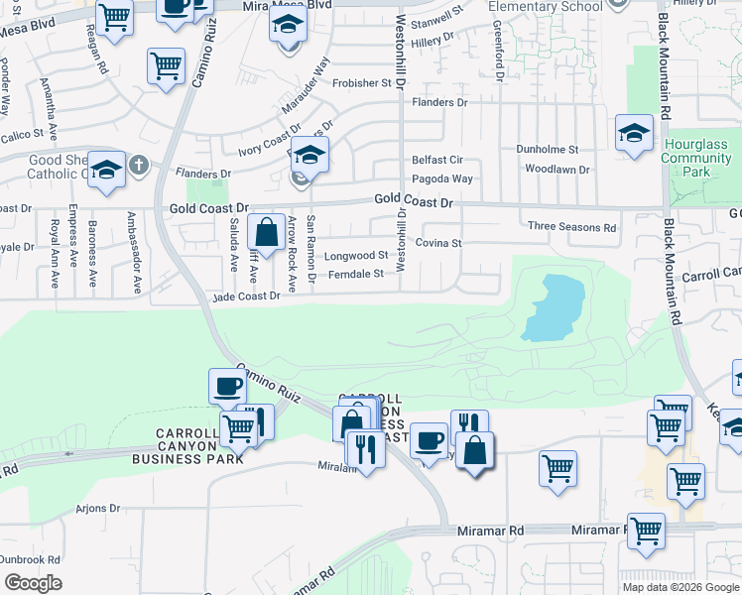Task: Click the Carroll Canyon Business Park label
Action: (x=201, y=445)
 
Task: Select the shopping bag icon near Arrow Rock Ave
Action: (x=266, y=234)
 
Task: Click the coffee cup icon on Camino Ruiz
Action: (x=227, y=385)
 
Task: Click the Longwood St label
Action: (x=355, y=255)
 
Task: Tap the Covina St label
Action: (x=437, y=243)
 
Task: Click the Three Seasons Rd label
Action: (x=571, y=227)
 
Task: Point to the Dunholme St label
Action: (x=547, y=149)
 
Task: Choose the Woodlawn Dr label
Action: (x=556, y=170)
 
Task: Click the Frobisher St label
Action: (x=362, y=83)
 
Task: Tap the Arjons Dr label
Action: (x=97, y=509)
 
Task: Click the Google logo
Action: (x=32, y=583)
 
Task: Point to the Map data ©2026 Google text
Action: (x=680, y=587)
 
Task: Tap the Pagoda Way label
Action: (x=442, y=178)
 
